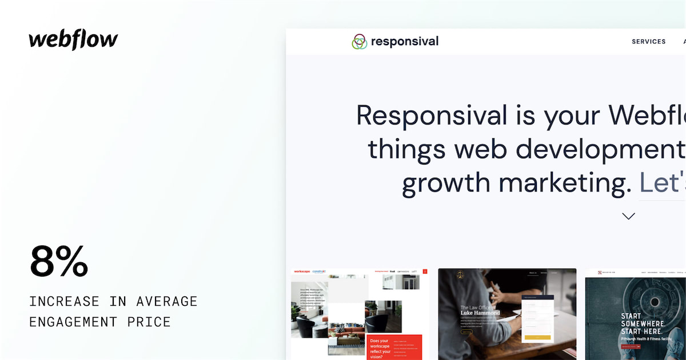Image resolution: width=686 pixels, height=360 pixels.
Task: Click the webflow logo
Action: click(73, 40)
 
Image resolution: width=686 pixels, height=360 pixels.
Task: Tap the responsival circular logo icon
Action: click(359, 42)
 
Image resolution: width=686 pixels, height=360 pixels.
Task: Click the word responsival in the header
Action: click(405, 41)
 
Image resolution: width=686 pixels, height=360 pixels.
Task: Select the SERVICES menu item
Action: click(648, 42)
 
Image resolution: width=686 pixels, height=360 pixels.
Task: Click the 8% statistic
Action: click(59, 261)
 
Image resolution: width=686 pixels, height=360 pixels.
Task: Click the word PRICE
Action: click(150, 322)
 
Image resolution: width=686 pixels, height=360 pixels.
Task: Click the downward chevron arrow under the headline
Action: click(628, 216)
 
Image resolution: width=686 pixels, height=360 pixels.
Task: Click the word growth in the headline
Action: click(445, 183)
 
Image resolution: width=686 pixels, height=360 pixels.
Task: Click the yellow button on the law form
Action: click(537, 337)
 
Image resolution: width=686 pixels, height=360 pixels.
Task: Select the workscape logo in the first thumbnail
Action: click(301, 272)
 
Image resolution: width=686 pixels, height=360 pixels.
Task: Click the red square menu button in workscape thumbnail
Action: click(425, 271)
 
